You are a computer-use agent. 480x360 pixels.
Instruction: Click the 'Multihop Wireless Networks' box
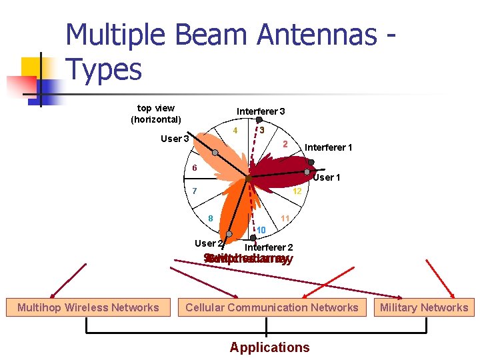[88, 307]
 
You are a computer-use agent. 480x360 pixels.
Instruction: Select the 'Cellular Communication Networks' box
[271, 307]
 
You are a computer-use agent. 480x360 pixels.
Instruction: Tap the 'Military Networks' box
[424, 307]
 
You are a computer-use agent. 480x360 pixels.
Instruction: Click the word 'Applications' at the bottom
[269, 347]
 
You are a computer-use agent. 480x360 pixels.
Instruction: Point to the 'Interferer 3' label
[261, 111]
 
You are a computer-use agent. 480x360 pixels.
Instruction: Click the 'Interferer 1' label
[329, 147]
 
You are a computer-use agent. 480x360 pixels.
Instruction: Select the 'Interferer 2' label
[269, 247]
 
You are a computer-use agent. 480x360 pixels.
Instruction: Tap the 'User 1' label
[327, 177]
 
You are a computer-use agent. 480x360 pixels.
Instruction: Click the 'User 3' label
[175, 139]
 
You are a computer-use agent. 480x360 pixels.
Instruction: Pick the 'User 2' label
[207, 243]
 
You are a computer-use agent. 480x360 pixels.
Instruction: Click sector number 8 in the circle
[210, 219]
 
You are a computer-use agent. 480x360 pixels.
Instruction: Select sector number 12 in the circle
[297, 191]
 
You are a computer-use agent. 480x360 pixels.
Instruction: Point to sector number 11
[285, 219]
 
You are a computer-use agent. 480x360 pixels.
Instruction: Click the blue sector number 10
[261, 230]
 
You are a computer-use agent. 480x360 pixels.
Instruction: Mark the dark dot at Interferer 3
[259, 121]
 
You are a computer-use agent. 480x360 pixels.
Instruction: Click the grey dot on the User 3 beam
[215, 152]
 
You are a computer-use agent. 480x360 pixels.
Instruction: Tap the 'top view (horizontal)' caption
[156, 113]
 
